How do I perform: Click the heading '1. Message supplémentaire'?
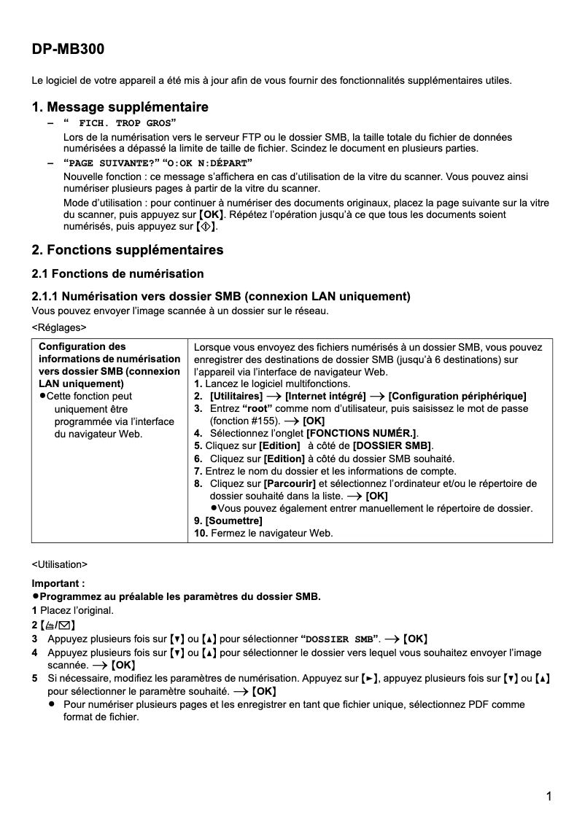pos(120,107)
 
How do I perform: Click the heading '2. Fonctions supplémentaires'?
pos(127,250)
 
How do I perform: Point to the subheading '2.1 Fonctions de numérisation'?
pos(117,274)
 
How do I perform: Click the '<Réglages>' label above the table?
pos(58,328)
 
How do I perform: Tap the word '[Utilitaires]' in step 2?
pos(236,396)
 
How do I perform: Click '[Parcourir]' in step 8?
pos(289,483)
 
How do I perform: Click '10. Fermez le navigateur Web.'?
pos(263,533)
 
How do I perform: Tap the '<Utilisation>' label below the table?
pos(59,564)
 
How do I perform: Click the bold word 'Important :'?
pos(58,583)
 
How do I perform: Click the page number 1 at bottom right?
pos(548,796)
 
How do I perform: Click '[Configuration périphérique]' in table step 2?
pos(457,396)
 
